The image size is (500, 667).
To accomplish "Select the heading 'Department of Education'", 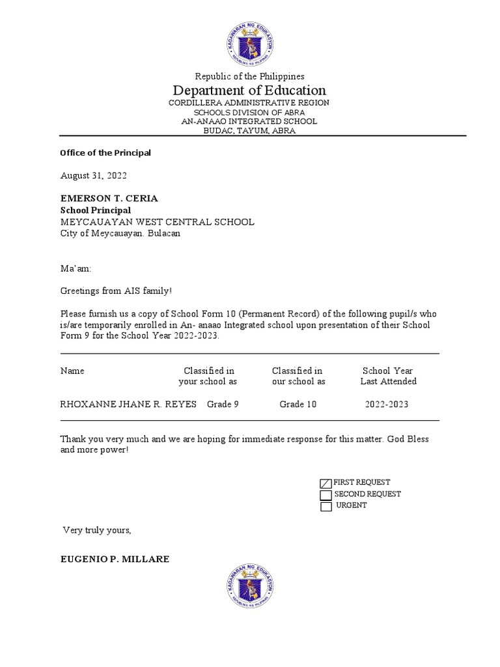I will tap(249, 90).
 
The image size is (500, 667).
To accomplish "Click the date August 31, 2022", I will tap(94, 175).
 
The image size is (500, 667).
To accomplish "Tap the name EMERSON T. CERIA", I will tap(109, 198).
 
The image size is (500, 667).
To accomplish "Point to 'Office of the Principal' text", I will tap(105, 153).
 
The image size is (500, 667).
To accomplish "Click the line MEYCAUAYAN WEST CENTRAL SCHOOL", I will tap(158, 222).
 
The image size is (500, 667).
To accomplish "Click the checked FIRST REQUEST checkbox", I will tap(326, 483).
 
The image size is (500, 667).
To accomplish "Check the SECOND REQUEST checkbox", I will tap(326, 495).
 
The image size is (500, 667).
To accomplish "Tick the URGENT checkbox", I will tap(326, 507).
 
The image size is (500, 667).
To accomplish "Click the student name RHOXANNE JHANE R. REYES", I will tap(128, 404).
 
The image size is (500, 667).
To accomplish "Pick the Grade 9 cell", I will tap(223, 404).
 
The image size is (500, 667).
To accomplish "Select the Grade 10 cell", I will tap(298, 404).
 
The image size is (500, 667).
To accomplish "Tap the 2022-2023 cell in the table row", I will tap(387, 404).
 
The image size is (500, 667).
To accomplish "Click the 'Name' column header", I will tap(72, 371).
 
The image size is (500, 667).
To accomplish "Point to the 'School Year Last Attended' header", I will tap(388, 376).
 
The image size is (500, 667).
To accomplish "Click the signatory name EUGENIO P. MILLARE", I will tap(115, 559).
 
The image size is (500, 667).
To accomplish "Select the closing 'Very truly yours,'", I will tap(97, 530).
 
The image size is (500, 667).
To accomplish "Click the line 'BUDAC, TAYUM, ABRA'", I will tap(249, 130).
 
